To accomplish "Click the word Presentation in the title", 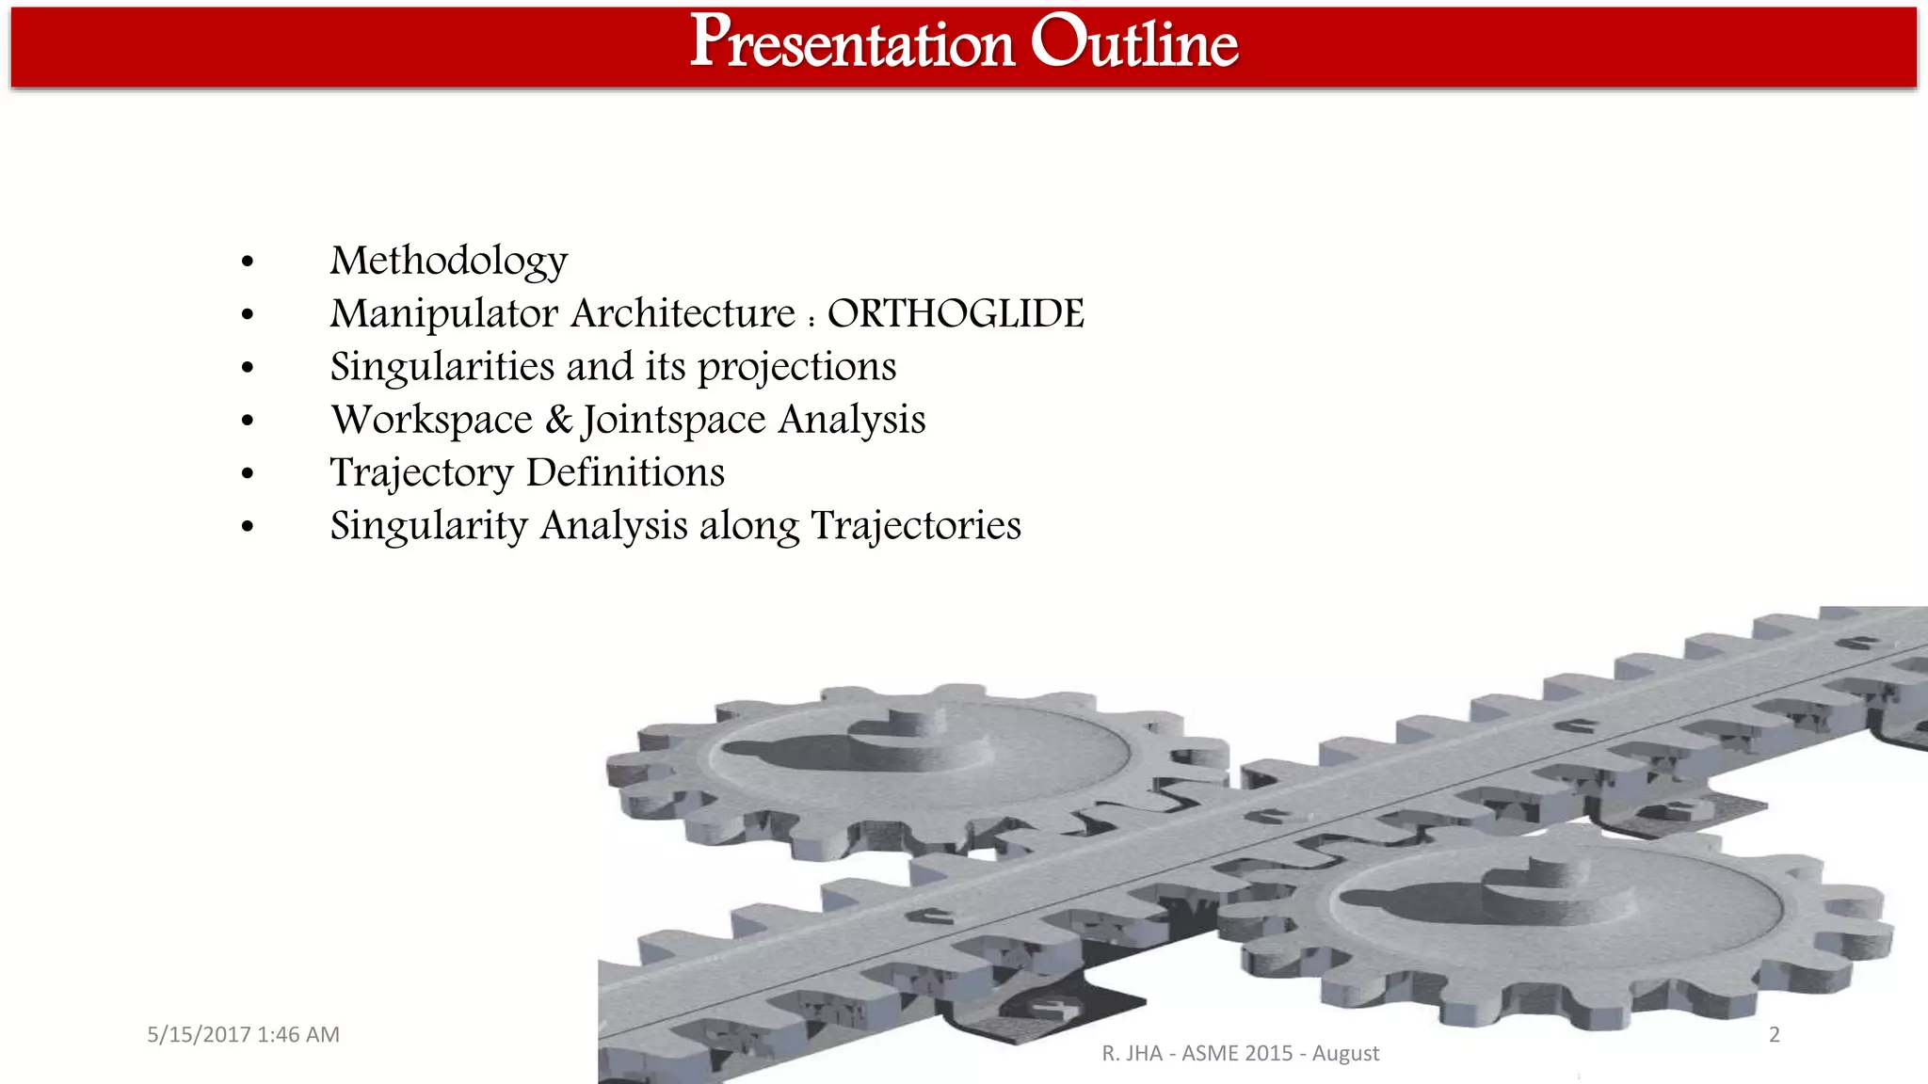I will (x=852, y=43).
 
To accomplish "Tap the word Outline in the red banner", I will (x=1133, y=43).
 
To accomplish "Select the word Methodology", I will (x=448, y=261).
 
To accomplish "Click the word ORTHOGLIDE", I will (x=955, y=313).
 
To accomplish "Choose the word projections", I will (x=796, y=367).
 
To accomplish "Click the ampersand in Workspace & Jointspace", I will (x=558, y=419).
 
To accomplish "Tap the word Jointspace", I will (x=674, y=420).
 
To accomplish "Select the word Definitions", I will (x=625, y=472).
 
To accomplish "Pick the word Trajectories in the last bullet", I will (x=915, y=525).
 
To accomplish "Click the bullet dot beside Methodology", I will (x=248, y=262).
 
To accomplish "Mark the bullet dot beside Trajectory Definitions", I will (x=248, y=473).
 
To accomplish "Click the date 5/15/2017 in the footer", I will (x=199, y=1034).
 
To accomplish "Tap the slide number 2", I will (x=1774, y=1034).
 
